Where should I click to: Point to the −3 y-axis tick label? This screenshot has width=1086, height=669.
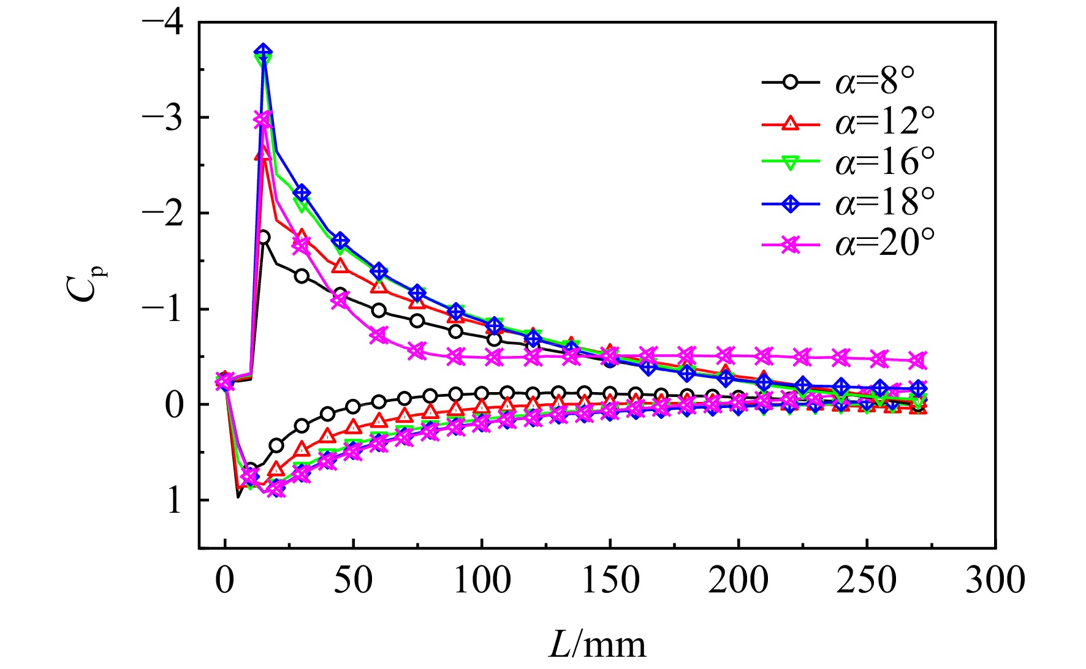tap(162, 118)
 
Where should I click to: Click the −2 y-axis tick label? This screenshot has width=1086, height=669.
tap(162, 213)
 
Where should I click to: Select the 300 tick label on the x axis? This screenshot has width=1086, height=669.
tap(995, 579)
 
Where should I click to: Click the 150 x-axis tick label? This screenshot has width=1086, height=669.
tap(610, 579)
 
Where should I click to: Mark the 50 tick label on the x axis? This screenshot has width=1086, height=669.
tap(354, 579)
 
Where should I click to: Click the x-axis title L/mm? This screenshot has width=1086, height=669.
tap(597, 645)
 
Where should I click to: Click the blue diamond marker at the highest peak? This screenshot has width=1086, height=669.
tap(264, 52)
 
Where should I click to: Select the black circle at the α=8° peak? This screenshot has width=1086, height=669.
tap(264, 237)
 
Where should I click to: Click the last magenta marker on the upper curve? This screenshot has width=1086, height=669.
tap(917, 360)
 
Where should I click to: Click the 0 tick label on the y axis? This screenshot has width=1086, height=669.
tap(174, 405)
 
